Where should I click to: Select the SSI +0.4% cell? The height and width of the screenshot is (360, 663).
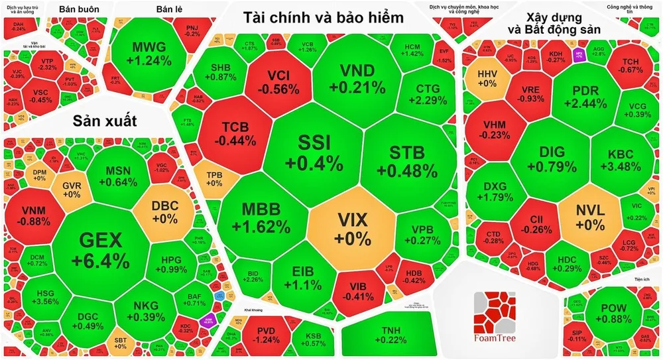point(315,152)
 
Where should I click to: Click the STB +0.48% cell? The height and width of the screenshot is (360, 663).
point(410,159)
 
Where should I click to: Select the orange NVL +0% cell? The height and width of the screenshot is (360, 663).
point(589,217)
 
